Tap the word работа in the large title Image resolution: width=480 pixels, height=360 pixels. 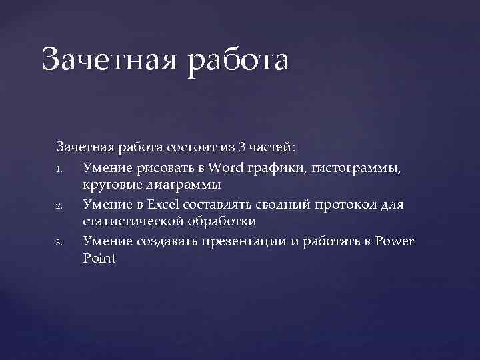pos(240,59)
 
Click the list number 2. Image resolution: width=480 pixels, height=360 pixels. pos(60,205)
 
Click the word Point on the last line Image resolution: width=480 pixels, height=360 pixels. pos(99,259)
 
